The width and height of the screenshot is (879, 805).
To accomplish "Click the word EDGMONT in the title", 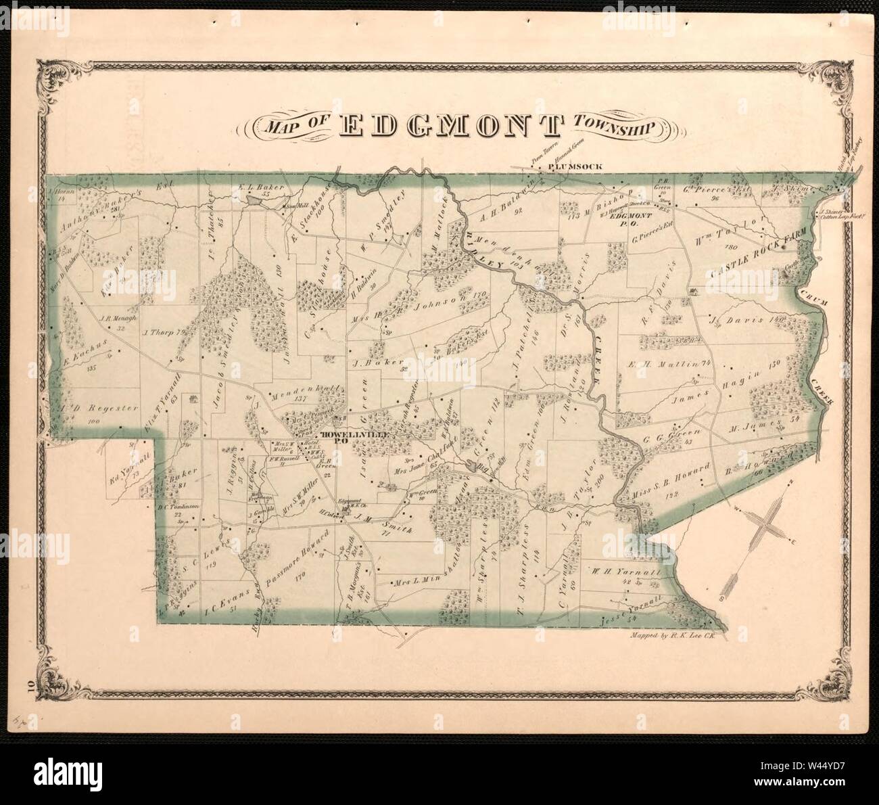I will [451, 126].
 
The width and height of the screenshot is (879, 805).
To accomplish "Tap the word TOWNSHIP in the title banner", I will [613, 126].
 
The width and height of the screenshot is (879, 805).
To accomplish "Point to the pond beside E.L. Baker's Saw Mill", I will [254, 200].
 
